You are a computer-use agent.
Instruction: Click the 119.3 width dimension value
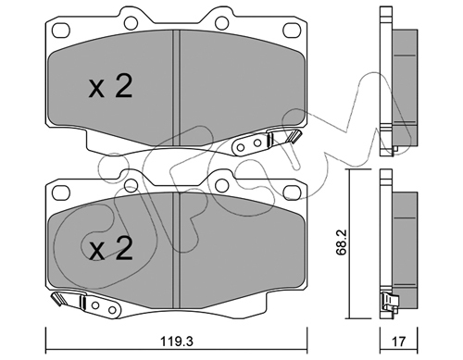click(177, 341)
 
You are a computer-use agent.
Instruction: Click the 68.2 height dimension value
click(342, 242)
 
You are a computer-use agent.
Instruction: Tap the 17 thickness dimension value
click(398, 341)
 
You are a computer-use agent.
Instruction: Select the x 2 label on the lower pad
click(110, 248)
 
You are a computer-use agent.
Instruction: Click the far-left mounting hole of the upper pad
click(61, 31)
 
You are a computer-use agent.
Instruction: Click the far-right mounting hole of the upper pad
click(292, 31)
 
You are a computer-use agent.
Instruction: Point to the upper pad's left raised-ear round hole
click(131, 22)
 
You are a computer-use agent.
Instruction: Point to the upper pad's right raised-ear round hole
click(221, 22)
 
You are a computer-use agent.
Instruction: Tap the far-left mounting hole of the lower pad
click(61, 192)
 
